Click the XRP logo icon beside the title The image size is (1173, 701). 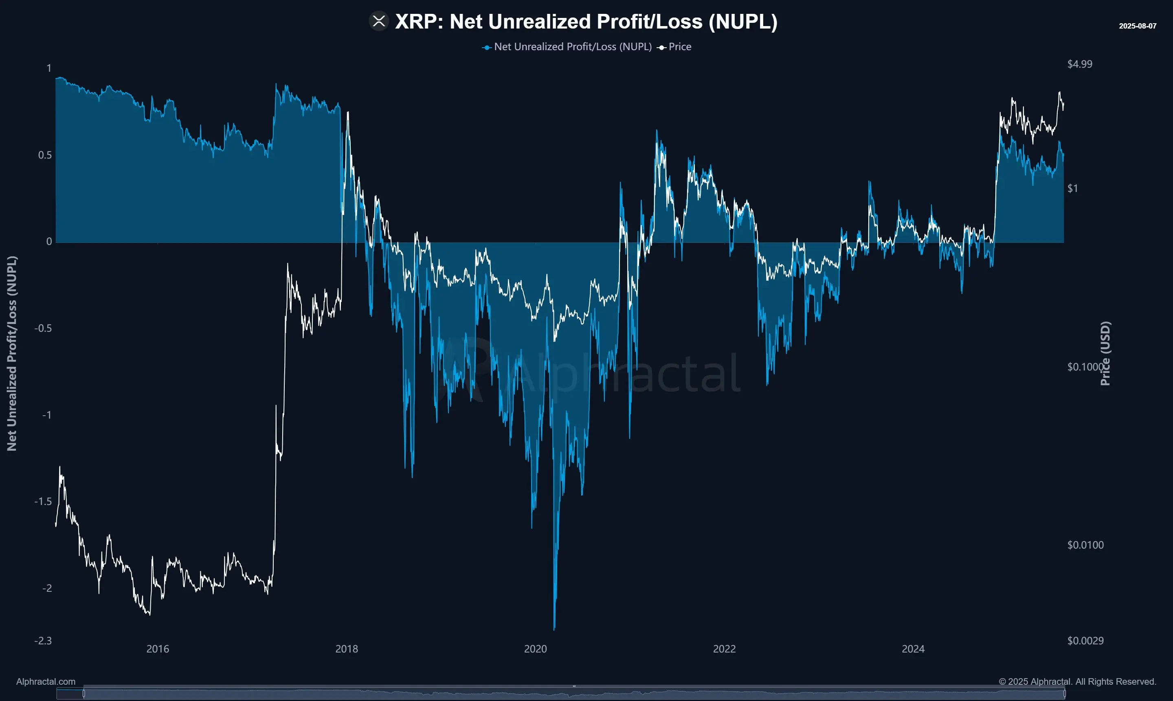378,21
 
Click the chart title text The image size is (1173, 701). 586,22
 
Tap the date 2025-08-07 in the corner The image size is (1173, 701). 1137,26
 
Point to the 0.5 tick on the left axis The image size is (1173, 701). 45,155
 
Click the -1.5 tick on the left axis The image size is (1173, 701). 43,502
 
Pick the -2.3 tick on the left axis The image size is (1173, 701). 43,641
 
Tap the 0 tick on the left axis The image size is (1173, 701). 49,242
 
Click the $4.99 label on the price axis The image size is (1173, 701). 1080,64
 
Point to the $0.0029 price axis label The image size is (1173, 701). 1085,641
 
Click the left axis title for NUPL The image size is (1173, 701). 12,353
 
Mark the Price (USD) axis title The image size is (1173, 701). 1105,353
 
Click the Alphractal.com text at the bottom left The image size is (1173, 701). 46,681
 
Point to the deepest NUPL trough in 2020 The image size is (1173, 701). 554,628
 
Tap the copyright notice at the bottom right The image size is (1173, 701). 1077,681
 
